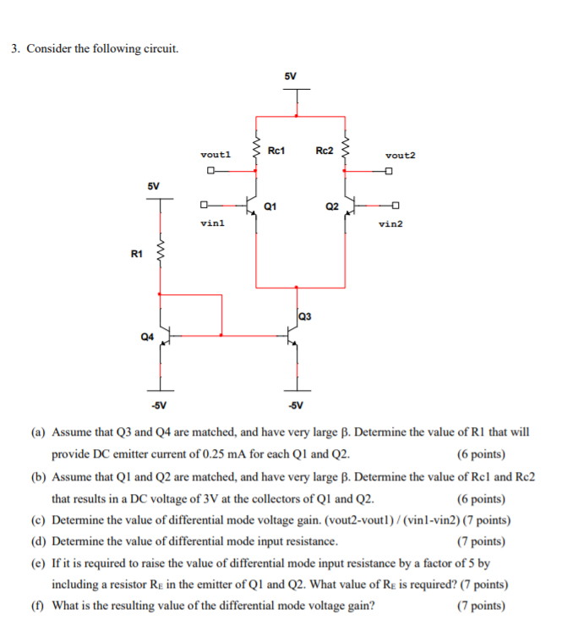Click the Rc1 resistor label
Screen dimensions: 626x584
coord(276,151)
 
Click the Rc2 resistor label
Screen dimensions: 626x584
coord(325,151)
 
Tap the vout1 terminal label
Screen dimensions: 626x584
coord(216,155)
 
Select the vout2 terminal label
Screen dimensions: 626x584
coord(400,156)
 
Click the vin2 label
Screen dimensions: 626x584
coord(391,223)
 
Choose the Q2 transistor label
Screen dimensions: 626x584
coord(332,206)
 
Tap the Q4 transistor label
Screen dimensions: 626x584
coord(147,336)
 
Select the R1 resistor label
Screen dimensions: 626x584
coord(137,253)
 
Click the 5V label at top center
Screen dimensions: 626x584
coord(291,76)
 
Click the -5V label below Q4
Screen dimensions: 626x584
coord(159,404)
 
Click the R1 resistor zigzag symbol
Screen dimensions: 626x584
coord(160,252)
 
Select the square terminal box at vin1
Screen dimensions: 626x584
coord(203,205)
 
